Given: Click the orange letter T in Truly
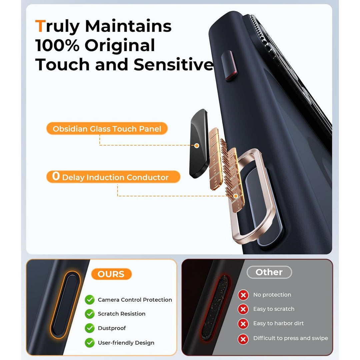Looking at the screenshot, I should click(x=40, y=26).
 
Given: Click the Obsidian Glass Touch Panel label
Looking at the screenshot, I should click(x=107, y=129).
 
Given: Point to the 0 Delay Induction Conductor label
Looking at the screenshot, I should click(x=113, y=177).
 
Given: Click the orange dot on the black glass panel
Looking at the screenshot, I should click(x=197, y=146).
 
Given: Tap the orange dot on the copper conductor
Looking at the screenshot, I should click(x=236, y=196).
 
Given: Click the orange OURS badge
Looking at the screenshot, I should click(x=111, y=274).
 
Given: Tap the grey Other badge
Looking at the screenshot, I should click(x=269, y=272).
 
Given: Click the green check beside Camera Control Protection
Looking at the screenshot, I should click(x=89, y=300).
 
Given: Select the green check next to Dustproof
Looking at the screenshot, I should click(x=89, y=328).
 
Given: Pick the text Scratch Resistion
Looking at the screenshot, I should click(x=121, y=314).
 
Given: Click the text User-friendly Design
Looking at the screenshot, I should click(x=126, y=342).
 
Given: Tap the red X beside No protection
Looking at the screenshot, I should click(x=243, y=295).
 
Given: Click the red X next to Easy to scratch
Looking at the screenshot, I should click(x=243, y=309).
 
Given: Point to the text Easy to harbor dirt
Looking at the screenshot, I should click(x=278, y=323).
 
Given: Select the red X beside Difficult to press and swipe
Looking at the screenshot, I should click(x=243, y=339).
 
